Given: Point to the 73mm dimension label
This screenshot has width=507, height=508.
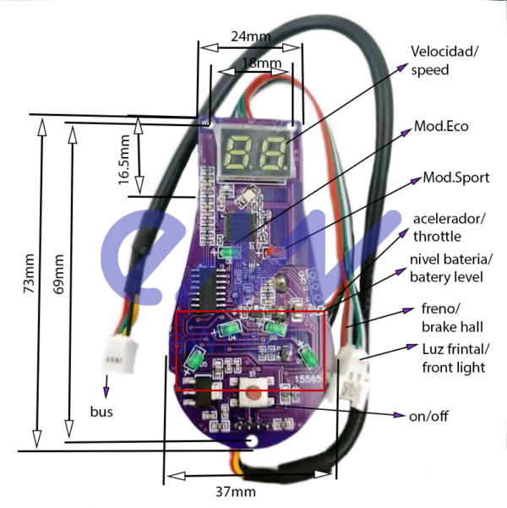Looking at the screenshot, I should [x=29, y=275].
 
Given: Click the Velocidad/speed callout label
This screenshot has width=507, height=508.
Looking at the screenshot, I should [x=444, y=60].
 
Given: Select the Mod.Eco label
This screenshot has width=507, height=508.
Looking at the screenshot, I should [x=440, y=126].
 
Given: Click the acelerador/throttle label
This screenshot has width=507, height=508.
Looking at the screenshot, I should [x=448, y=227].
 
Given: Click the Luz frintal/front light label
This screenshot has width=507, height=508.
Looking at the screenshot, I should [x=455, y=358].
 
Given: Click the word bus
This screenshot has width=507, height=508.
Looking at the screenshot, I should [x=101, y=412].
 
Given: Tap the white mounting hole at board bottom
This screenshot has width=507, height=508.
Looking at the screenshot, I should [x=252, y=440].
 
